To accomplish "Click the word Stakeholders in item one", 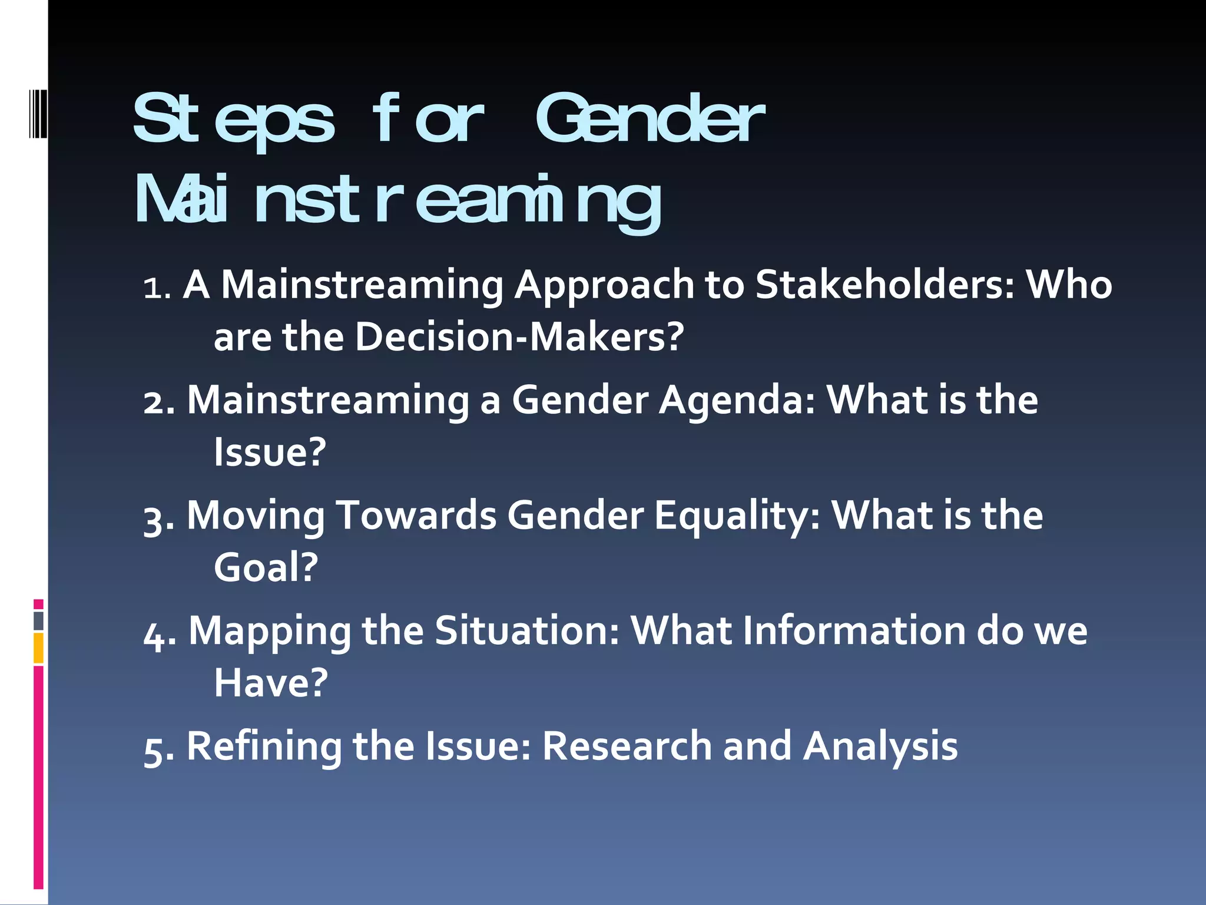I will [885, 285].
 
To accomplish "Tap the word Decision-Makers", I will [519, 337].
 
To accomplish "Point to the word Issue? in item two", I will [270, 452].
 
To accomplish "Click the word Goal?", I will [266, 568].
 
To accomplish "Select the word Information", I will [854, 631].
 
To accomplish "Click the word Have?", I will [270, 683].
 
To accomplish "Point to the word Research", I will [627, 746].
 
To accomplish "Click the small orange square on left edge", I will [38, 648].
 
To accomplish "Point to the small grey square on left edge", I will [38, 621].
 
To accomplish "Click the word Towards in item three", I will [416, 516].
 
